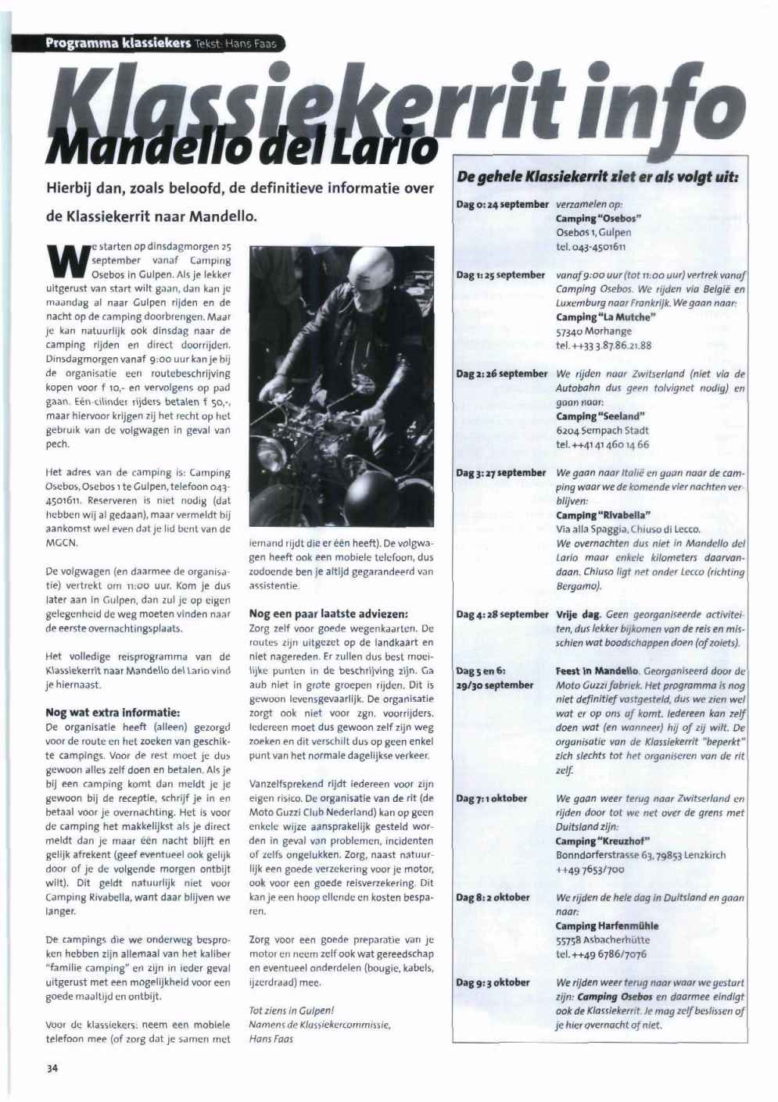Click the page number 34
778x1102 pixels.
(52, 1068)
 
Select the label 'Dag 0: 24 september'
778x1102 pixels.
(502, 204)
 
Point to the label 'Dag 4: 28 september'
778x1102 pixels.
(502, 614)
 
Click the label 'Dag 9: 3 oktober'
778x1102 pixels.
(493, 982)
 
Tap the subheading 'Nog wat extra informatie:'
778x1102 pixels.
(113, 712)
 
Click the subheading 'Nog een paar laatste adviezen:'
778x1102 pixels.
(329, 614)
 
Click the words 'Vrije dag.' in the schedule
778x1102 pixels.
(578, 614)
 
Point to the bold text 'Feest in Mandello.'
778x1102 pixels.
(598, 671)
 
